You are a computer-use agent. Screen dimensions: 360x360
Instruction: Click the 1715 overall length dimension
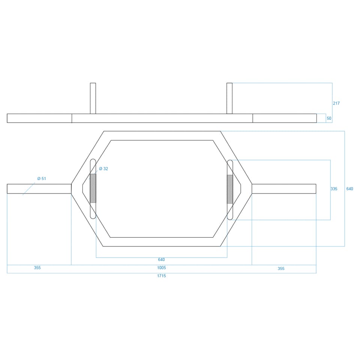(x=161, y=276)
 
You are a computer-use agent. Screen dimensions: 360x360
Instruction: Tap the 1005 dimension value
(x=161, y=268)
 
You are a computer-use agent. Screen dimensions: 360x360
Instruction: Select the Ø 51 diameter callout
(x=42, y=178)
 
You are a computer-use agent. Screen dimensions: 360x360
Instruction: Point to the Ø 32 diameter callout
(x=103, y=169)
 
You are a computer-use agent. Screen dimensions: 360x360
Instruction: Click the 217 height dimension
(x=336, y=103)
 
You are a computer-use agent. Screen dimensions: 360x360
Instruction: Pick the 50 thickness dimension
(x=329, y=118)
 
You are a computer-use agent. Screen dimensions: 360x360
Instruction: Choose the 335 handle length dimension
(x=334, y=189)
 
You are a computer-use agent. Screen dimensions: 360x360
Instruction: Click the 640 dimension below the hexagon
(x=161, y=259)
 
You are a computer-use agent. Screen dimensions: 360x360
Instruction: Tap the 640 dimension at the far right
(x=349, y=189)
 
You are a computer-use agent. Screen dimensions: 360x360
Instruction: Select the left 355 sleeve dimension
(x=37, y=268)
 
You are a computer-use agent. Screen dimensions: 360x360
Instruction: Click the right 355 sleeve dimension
(x=281, y=268)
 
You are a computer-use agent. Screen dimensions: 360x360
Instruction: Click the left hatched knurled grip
(x=93, y=189)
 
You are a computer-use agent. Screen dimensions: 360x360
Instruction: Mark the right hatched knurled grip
(x=230, y=189)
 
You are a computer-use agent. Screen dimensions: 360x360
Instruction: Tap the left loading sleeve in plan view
(x=39, y=189)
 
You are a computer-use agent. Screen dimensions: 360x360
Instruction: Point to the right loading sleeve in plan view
(x=284, y=189)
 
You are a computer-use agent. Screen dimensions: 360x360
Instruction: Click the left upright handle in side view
(x=93, y=98)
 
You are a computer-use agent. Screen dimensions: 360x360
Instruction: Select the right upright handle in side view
(x=229, y=98)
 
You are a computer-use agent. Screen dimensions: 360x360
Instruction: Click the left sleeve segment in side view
(x=39, y=118)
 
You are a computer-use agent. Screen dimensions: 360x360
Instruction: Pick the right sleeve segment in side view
(x=285, y=118)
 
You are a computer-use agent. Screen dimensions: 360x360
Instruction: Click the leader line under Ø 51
(x=29, y=189)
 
